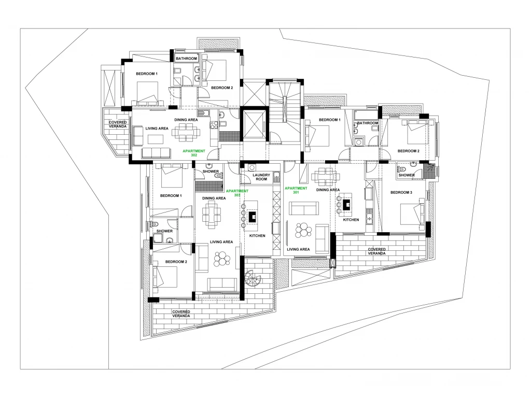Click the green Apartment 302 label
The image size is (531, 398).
coord(194,153)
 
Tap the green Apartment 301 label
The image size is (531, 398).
coord(296,190)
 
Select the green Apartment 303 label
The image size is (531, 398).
coord(237,193)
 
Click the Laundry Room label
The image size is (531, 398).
coord(261,177)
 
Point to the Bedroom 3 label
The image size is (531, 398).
coord(401,193)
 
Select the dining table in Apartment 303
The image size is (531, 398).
coord(212,215)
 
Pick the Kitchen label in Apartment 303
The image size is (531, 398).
coord(257,236)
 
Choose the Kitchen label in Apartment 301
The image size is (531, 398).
coord(351,220)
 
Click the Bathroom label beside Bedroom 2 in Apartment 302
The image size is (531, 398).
coord(186,59)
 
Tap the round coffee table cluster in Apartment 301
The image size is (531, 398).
coord(303,230)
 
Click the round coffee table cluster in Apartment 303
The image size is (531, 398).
coord(222,259)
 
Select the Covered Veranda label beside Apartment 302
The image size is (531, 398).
coord(118,124)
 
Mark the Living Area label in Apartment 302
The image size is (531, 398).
coord(157,129)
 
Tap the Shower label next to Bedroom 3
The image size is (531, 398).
coord(407,175)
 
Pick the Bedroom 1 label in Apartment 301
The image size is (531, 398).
coord(329,120)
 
